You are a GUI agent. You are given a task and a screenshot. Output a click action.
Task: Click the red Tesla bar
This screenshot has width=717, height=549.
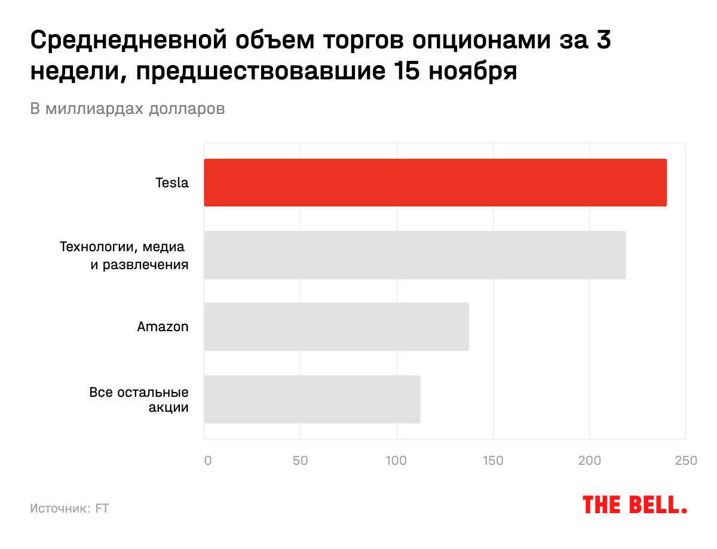click(x=435, y=183)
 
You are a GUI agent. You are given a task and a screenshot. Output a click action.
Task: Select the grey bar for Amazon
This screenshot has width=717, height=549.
click(x=336, y=326)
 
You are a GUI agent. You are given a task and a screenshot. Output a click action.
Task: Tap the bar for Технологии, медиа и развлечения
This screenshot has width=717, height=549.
click(x=415, y=255)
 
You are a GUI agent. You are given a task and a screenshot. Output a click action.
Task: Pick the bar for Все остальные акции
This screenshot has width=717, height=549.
click(x=312, y=399)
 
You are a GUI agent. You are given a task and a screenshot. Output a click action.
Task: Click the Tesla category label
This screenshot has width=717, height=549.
click(x=172, y=183)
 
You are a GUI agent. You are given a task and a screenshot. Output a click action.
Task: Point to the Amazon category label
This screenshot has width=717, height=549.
click(x=163, y=327)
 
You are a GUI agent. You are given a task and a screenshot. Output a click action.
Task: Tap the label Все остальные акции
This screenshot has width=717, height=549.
click(x=139, y=400)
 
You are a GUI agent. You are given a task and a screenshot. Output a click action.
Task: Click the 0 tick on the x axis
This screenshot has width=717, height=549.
click(x=207, y=461)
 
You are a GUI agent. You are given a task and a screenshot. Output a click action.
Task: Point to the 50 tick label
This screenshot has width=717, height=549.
click(x=300, y=461)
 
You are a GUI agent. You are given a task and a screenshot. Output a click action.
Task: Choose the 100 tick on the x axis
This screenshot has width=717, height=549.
click(x=396, y=461)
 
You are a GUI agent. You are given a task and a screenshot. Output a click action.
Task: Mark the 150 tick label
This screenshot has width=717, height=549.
click(x=493, y=461)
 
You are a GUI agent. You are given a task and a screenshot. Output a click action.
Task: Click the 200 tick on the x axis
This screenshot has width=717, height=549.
click(x=590, y=461)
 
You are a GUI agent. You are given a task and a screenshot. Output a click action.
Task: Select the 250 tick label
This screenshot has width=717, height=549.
click(x=685, y=461)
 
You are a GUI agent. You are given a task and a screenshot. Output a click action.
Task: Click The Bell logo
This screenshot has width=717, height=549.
click(x=635, y=505)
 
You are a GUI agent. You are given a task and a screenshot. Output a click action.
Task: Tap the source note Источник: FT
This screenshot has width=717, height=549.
click(x=69, y=508)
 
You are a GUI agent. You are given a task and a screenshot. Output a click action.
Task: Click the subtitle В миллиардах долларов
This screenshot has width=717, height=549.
click(x=127, y=109)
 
